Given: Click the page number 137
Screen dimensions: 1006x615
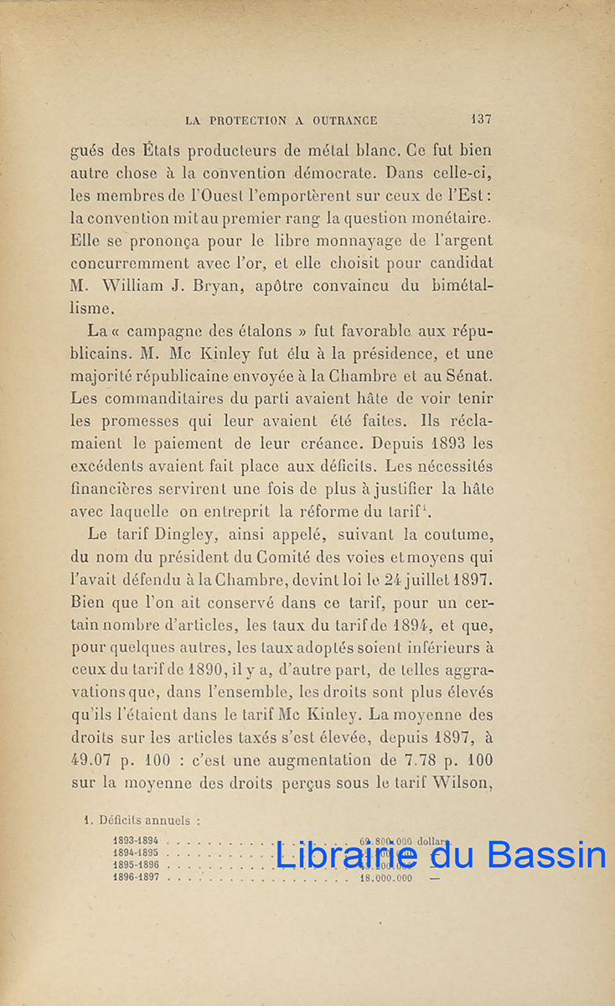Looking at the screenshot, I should click(x=481, y=120).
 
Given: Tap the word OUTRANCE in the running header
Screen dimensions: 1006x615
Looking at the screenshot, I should click(x=344, y=121).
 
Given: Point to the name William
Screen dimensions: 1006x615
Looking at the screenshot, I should click(x=138, y=285).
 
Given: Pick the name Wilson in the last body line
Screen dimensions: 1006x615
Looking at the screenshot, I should click(x=458, y=783).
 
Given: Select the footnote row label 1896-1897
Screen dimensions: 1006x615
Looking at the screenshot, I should click(x=136, y=878).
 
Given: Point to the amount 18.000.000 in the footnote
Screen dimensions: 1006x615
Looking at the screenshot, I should click(x=385, y=878).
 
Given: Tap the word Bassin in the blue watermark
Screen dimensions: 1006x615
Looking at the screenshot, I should click(x=546, y=855).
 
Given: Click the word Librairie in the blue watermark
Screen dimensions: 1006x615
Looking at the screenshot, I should click(x=346, y=855).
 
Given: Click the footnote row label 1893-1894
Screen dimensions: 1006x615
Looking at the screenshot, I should click(x=136, y=839).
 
